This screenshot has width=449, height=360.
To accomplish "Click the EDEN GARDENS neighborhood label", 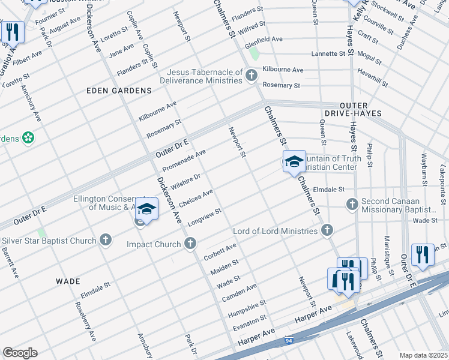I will coord(119,90).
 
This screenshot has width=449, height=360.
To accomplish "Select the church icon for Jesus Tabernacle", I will coord(252,75).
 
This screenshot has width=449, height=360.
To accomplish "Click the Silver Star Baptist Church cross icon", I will coord(106,241).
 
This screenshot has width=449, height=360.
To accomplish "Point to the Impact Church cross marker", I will coord(190,244).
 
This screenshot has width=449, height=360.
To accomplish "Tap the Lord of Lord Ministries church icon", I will coord(327,230).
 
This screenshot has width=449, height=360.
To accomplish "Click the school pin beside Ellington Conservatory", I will coord(146,209).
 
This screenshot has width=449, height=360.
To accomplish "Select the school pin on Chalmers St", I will coord(294,162).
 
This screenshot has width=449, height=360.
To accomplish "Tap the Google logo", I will coord(20,352).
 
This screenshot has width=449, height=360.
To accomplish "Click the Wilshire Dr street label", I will coord(185,181).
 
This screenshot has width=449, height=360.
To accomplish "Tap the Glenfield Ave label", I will coord(264,39).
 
